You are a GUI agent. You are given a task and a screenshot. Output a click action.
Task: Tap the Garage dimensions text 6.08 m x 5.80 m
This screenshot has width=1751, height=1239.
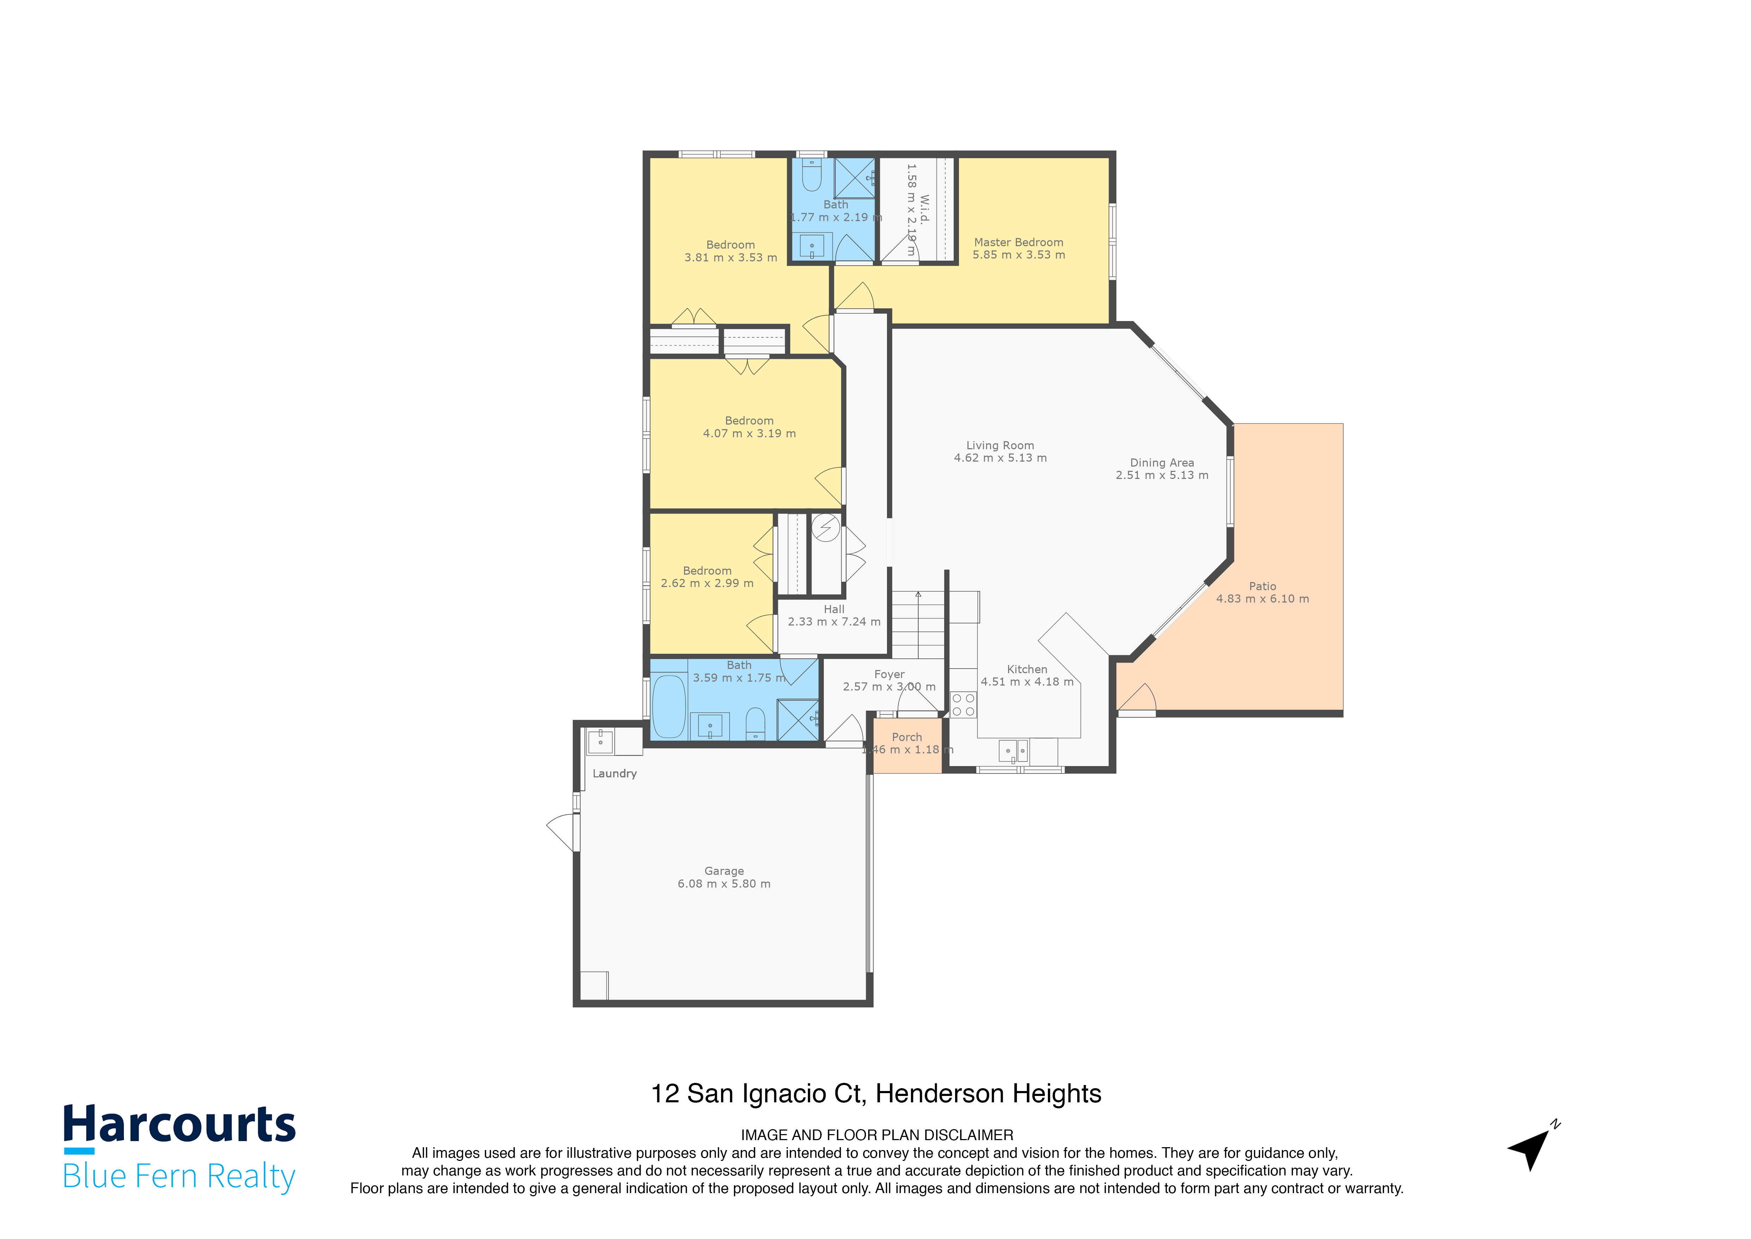[724, 883]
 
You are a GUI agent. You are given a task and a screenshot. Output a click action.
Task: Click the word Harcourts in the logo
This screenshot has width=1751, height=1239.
[179, 1125]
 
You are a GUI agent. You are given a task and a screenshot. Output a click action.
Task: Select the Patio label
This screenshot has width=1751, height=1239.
[1262, 586]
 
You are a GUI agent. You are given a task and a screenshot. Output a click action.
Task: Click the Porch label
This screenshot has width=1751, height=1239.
[907, 737]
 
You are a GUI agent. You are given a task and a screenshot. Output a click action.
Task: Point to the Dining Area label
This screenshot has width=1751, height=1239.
[1162, 462]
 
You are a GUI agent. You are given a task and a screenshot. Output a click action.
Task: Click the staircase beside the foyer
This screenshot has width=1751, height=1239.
[919, 624]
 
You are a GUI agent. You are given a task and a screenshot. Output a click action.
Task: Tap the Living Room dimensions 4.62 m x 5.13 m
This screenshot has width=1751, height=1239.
[1000, 458]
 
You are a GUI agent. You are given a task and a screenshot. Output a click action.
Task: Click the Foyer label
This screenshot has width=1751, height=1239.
[889, 675]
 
